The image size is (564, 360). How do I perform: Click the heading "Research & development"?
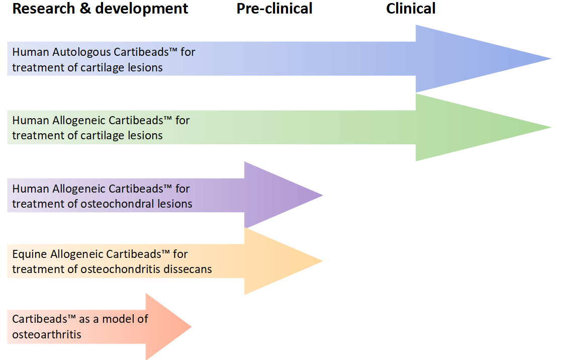tap(100, 9)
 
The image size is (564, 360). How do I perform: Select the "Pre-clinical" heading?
tap(274, 9)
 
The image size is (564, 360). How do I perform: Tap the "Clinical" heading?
tap(411, 9)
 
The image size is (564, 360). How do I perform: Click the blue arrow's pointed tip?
tap(551, 59)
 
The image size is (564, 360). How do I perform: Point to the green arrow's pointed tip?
tap(551, 127)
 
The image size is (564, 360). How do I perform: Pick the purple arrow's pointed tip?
tap(323, 195)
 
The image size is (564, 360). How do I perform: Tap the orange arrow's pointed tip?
tap(323, 261)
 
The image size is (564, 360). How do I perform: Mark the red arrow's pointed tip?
tap(191, 327)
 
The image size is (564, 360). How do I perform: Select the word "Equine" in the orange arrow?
tap(30, 254)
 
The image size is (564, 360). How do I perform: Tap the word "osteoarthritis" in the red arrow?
tap(47, 334)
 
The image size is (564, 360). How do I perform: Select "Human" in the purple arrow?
tap(31, 189)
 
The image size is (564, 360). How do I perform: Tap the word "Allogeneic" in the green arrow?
tap(79, 121)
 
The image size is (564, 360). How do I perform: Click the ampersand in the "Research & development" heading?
tap(85, 9)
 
